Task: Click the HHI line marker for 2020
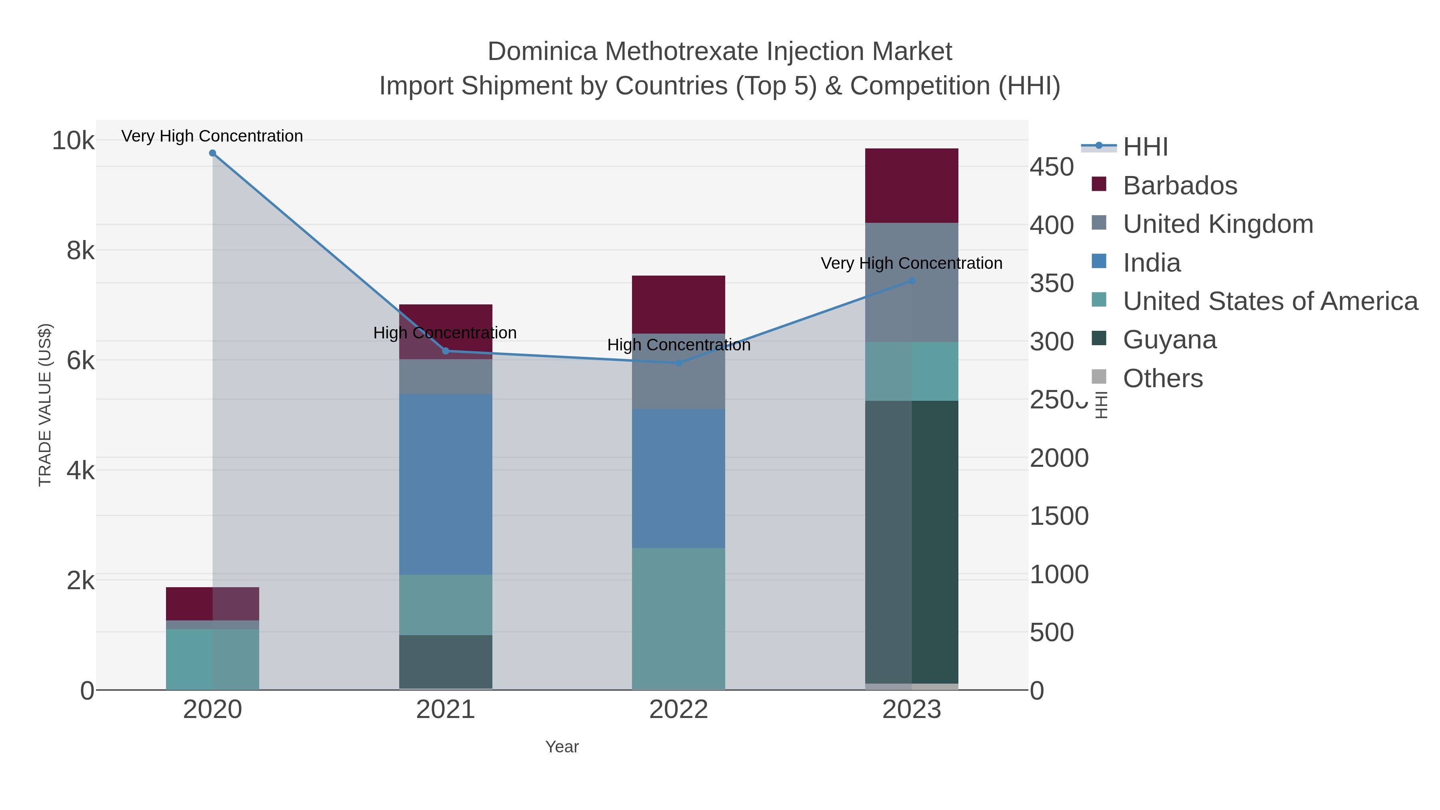pos(212,153)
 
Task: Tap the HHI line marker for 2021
pos(446,351)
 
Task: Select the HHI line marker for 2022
pos(679,363)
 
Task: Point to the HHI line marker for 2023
pos(912,281)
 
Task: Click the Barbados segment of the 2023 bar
pos(912,186)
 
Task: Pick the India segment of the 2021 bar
pos(446,484)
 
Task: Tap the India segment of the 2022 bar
pos(679,478)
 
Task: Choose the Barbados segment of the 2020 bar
pos(212,604)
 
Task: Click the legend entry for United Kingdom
pos(1218,224)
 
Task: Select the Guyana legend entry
pos(1170,340)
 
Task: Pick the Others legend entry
pos(1163,378)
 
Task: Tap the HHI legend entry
pos(1145,147)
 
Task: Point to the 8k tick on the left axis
pos(80,250)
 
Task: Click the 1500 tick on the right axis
pos(1059,516)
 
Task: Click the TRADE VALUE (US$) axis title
pos(45,405)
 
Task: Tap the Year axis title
pos(562,747)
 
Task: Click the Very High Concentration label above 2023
pos(911,263)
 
